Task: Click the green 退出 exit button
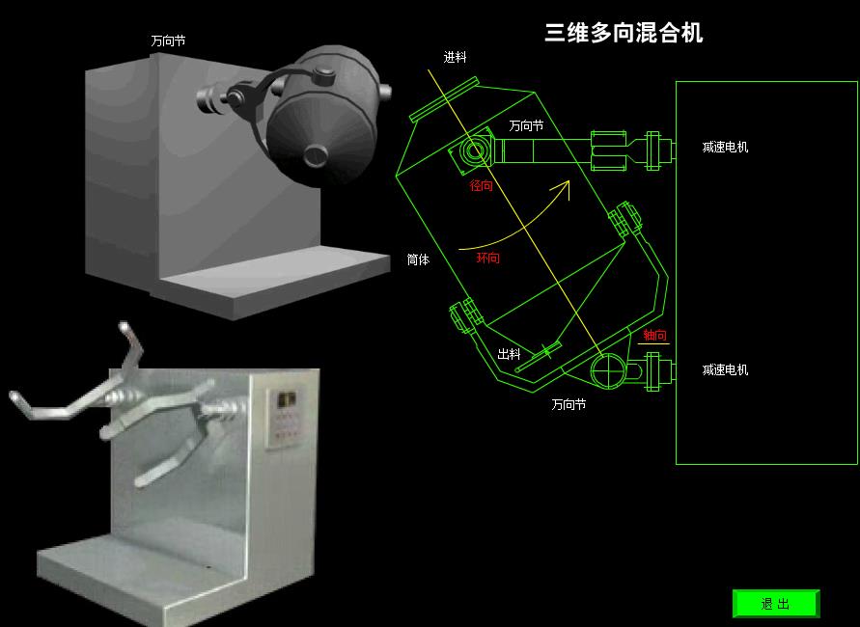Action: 775,604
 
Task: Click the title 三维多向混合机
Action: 624,33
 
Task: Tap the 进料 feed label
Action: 455,57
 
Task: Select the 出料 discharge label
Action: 509,354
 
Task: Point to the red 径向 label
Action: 481,186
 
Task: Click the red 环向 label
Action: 487,258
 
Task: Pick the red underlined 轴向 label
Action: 654,336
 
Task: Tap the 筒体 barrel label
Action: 418,259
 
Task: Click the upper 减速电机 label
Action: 725,147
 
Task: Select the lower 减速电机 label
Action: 725,370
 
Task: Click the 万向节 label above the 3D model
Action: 168,41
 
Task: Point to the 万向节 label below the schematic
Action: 569,404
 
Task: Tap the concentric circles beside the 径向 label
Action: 473,150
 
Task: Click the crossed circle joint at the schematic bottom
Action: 607,371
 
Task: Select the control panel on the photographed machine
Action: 284,419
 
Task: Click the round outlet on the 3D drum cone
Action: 316,155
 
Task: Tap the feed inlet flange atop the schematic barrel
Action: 445,99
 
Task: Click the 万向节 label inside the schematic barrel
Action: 526,126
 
